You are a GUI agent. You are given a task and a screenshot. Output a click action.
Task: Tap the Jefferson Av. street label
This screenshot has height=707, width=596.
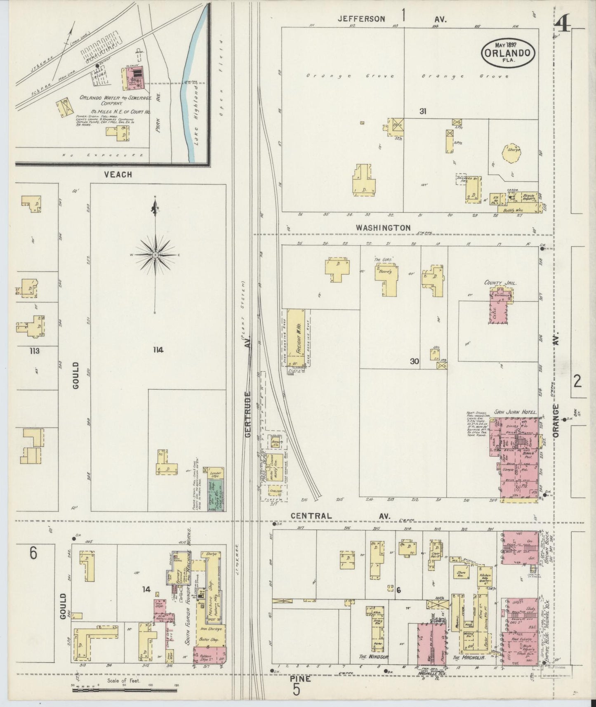392,19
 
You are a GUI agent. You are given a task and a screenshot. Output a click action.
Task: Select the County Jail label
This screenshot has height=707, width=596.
501,283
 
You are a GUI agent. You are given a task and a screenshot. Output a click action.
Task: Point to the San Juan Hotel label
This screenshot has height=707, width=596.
516,412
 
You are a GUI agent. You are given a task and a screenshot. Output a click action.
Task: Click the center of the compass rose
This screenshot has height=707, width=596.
155,255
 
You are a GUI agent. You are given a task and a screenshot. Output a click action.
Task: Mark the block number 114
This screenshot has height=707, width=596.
157,350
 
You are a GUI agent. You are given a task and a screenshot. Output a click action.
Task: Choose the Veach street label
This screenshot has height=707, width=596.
118,174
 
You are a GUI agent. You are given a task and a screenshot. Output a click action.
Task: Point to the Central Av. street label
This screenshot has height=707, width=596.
340,516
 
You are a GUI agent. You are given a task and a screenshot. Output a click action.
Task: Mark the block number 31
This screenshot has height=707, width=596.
422,111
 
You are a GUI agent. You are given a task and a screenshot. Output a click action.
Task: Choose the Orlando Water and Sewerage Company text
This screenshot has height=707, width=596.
116,102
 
